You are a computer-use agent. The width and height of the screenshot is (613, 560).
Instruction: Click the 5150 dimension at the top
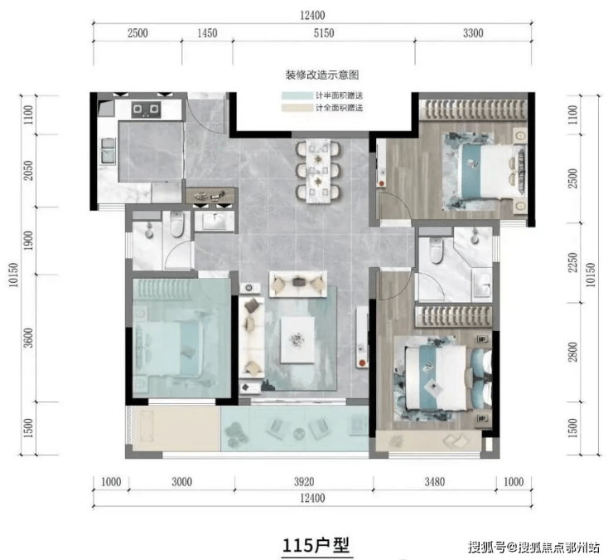[x=324, y=33]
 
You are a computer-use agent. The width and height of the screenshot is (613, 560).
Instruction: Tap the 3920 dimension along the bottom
[x=304, y=482]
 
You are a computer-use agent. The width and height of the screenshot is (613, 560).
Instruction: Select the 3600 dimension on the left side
[x=28, y=338]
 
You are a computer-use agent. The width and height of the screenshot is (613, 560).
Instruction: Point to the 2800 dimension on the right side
[x=572, y=352]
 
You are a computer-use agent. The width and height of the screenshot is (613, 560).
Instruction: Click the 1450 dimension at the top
[x=207, y=33]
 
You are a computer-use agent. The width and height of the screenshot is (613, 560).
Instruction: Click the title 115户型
[x=316, y=545]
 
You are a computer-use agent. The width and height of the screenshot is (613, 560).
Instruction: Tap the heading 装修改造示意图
[x=322, y=75]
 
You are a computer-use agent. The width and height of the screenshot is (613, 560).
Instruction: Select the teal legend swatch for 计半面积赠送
[x=297, y=95]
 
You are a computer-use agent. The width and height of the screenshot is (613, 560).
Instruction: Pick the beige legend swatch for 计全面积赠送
[x=297, y=108]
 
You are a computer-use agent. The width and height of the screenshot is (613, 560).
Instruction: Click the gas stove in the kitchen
[x=146, y=109]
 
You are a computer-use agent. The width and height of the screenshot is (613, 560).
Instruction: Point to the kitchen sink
[x=109, y=150]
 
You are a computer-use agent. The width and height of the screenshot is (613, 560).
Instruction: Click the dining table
[x=318, y=171]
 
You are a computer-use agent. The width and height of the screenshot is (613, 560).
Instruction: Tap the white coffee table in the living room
[x=297, y=339]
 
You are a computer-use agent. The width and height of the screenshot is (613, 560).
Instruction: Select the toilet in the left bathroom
[x=177, y=224]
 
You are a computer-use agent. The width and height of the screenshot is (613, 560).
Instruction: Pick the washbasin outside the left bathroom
[x=215, y=222]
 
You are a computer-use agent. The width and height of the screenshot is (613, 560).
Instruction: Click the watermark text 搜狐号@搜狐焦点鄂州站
[x=533, y=546]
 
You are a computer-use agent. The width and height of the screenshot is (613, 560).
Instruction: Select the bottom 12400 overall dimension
[x=312, y=498]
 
